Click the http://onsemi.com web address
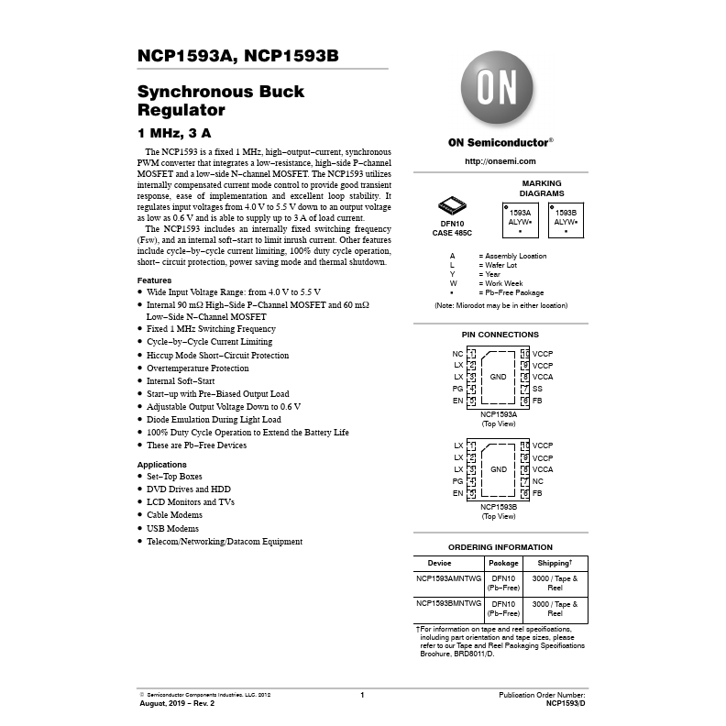coord(500,161)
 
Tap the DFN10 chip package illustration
coord(452,206)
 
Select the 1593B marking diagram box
coord(566,220)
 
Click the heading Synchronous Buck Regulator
coord(221,101)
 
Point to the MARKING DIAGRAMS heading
coord(542,189)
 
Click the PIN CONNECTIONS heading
coord(500,335)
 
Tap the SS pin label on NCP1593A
coord(538,389)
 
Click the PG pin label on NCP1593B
coord(457,481)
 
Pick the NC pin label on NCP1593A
coord(457,354)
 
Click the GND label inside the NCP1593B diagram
coord(499,469)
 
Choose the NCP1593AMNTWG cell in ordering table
coord(449,578)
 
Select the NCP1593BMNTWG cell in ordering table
coord(449,604)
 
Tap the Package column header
coord(503,563)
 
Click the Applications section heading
coord(161,465)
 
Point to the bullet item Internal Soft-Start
coord(181,380)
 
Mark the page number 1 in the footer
coord(362,696)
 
